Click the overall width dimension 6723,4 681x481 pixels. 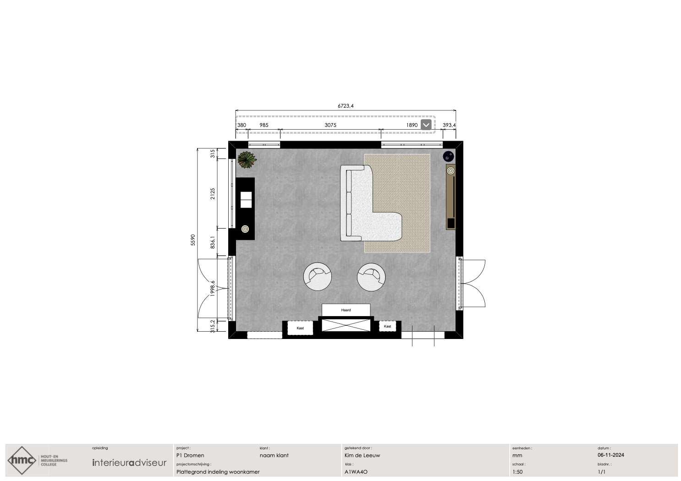[x=346, y=106]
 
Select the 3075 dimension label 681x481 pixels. [x=330, y=125]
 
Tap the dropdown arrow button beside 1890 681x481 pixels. [x=426, y=125]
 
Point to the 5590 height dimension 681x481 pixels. [x=193, y=240]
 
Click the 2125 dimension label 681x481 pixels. [x=213, y=194]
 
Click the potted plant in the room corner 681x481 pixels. [x=247, y=160]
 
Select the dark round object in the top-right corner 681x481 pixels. [x=448, y=157]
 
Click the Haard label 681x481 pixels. [x=346, y=310]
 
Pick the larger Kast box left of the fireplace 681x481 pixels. [x=300, y=328]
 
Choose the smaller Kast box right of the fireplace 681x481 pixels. [x=387, y=326]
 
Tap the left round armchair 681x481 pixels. [x=318, y=277]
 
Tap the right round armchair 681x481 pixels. [x=371, y=277]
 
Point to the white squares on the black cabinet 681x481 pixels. [x=246, y=200]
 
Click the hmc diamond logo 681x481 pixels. [x=22, y=460]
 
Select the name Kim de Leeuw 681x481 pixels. [x=362, y=455]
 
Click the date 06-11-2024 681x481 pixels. [x=611, y=455]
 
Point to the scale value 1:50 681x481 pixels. [x=517, y=472]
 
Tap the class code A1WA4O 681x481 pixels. [x=356, y=472]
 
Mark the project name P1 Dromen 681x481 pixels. [x=190, y=455]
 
